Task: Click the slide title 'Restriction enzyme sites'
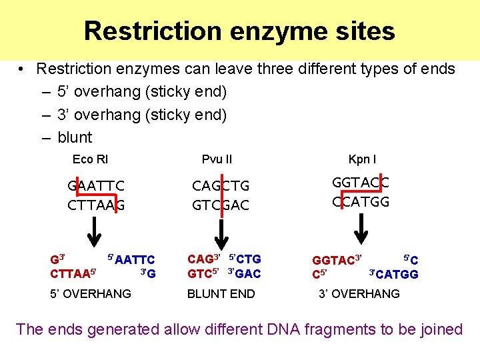pos(239,31)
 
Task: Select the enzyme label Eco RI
pos(90,159)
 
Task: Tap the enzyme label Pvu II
pos(217,159)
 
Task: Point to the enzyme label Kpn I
pos(362,159)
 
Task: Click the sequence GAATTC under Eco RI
pos(96,185)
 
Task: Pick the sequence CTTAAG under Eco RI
pos(96,205)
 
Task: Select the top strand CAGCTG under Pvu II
pos(221,185)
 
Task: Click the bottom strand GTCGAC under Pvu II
pos(221,205)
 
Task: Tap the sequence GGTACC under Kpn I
pos(361,182)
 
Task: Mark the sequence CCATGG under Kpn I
pos(361,201)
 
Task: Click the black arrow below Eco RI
pos(96,230)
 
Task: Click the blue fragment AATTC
pos(135,260)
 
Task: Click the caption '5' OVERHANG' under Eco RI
pos(91,293)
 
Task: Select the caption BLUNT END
pos(221,293)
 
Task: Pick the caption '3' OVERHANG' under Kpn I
pos(359,293)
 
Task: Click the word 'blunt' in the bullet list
pos(75,137)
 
